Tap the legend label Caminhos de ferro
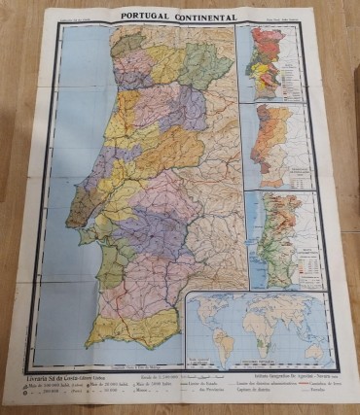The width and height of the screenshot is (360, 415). pos(320,386)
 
